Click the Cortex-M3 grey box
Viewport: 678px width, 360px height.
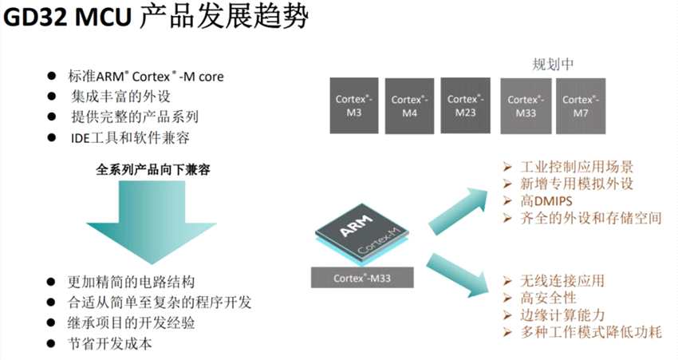click(x=355, y=105)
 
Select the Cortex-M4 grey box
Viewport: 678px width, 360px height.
click(x=410, y=105)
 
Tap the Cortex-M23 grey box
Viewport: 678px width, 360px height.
click(x=466, y=105)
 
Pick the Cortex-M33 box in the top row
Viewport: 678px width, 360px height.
click(x=526, y=105)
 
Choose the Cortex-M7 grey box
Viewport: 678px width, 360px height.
click(x=581, y=105)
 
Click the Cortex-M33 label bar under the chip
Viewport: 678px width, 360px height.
click(x=362, y=278)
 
